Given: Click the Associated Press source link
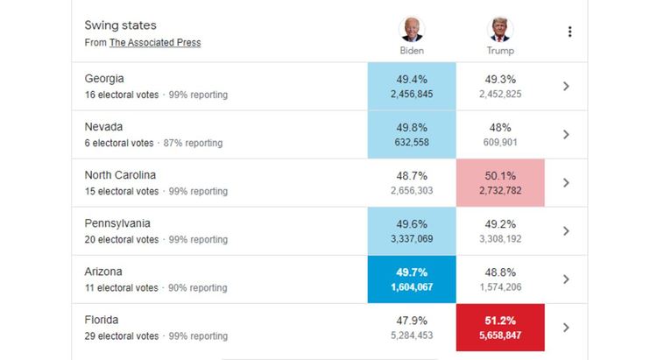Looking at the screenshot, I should [155, 43].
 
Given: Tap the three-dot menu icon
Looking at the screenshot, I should [569, 32].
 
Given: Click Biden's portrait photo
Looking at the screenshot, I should [411, 29].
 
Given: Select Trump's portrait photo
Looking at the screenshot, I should [500, 29].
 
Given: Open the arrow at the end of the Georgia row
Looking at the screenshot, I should [566, 86].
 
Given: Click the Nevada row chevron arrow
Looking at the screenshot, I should [566, 134].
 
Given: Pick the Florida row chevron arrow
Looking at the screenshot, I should [566, 327].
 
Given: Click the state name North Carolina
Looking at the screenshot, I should [121, 175].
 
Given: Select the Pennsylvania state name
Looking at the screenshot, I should [117, 223].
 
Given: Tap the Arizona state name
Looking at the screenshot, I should [104, 272].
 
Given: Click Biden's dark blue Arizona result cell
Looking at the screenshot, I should [412, 279].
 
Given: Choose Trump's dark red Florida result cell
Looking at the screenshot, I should [500, 327].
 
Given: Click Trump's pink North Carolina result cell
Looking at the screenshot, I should [500, 182].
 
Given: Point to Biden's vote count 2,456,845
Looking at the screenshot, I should [412, 95].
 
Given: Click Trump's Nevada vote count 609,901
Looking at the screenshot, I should [500, 143].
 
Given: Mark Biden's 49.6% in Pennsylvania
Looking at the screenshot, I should [412, 223].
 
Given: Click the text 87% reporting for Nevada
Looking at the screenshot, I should [193, 143].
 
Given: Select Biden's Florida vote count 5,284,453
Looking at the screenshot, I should [412, 335].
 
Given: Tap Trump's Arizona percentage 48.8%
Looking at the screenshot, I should [500, 272].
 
